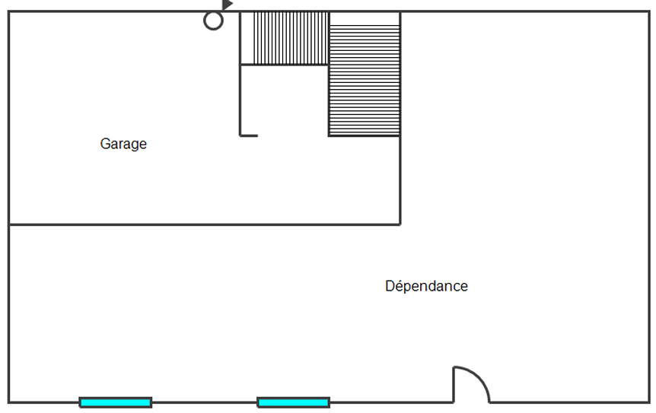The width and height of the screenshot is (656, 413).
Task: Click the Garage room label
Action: point(123,144)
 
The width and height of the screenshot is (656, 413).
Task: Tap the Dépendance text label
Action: point(426,287)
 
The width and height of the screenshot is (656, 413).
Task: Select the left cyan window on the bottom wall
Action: point(116,402)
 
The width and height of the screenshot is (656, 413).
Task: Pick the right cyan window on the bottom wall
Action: point(293,402)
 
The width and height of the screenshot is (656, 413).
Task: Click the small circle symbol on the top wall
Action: point(214,21)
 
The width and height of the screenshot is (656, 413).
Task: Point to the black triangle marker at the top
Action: point(227,5)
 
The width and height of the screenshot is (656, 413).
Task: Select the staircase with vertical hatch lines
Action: point(285,38)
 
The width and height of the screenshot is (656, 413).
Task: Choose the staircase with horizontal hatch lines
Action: point(365,80)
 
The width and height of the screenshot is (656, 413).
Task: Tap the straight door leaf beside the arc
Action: point(454,385)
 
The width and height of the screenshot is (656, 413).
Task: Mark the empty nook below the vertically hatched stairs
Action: point(284,100)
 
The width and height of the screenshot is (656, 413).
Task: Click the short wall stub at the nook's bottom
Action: point(249,135)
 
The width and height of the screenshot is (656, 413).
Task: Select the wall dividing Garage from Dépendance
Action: point(204,224)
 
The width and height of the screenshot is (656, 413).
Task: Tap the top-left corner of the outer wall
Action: point(9,12)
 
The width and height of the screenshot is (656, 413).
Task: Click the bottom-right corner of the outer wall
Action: point(649,402)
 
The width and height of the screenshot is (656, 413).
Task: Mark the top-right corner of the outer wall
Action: point(649,12)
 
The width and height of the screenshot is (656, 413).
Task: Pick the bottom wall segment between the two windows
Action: point(204,402)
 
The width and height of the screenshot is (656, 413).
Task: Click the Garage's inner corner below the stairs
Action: point(400,224)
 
